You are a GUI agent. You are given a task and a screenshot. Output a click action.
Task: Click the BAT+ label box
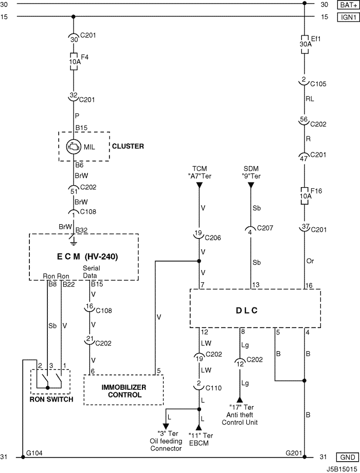[x=349, y=5]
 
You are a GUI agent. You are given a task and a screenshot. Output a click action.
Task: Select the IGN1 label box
[x=349, y=17]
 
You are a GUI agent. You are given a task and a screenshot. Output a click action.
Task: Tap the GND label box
[x=348, y=457]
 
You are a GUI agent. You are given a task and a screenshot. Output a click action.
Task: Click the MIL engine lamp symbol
[x=74, y=147]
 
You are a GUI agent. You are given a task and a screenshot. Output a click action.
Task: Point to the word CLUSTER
[x=128, y=147]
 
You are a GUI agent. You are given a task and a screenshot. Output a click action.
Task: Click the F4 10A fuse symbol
[x=74, y=62]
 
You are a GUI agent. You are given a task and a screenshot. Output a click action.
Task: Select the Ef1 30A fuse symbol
[x=305, y=44]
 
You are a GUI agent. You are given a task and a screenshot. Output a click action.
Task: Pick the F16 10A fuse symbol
[x=305, y=196]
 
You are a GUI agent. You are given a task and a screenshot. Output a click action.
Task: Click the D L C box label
[x=246, y=311]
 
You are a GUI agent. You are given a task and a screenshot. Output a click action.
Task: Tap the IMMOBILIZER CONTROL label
[x=124, y=391]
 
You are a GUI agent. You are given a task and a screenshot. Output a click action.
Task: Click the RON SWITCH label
[x=51, y=399]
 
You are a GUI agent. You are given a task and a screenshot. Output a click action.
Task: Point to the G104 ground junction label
[x=34, y=453]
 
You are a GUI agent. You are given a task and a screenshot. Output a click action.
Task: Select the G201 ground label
[x=294, y=453]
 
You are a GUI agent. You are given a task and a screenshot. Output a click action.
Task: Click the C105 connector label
[x=318, y=84]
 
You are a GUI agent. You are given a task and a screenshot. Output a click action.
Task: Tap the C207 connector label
[x=265, y=228]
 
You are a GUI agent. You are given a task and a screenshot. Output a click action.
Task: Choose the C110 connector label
[x=213, y=388]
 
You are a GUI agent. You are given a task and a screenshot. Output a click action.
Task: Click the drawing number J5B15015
[x=343, y=469]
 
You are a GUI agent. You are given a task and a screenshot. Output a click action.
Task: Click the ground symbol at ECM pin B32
[x=74, y=240]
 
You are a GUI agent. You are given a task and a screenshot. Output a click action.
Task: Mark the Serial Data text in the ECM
[x=91, y=272]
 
